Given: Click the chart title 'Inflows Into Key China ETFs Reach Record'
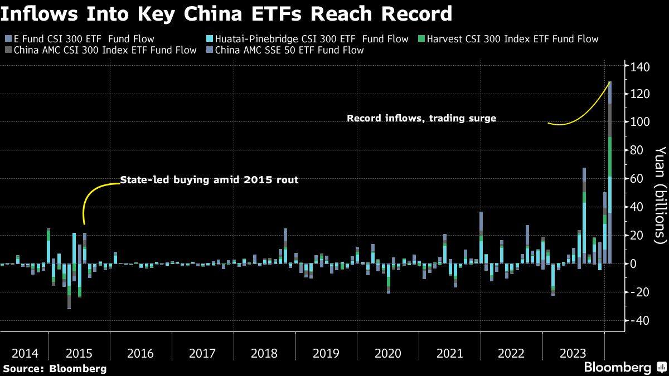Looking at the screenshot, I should [x=226, y=14].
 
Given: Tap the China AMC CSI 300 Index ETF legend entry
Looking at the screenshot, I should [x=104, y=50].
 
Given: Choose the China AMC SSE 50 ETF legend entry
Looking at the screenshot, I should [x=288, y=50].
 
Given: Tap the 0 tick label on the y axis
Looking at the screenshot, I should [x=634, y=263].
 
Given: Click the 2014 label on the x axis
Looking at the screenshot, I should [x=25, y=353].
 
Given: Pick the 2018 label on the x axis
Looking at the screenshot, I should [x=265, y=353].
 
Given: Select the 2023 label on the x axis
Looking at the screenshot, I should [x=573, y=353].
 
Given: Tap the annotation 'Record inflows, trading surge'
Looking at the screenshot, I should [x=421, y=118].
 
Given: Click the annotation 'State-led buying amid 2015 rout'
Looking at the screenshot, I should [x=210, y=180].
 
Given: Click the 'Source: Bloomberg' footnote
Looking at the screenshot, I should [x=54, y=368].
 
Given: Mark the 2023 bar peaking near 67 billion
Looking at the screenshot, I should [x=584, y=217].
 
